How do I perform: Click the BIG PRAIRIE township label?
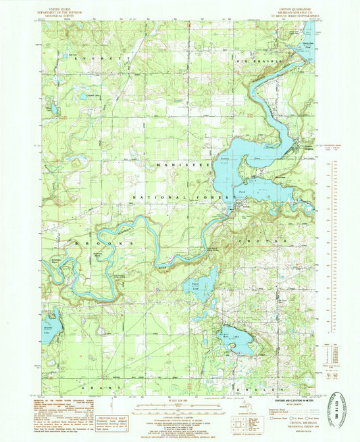point(255,61)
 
